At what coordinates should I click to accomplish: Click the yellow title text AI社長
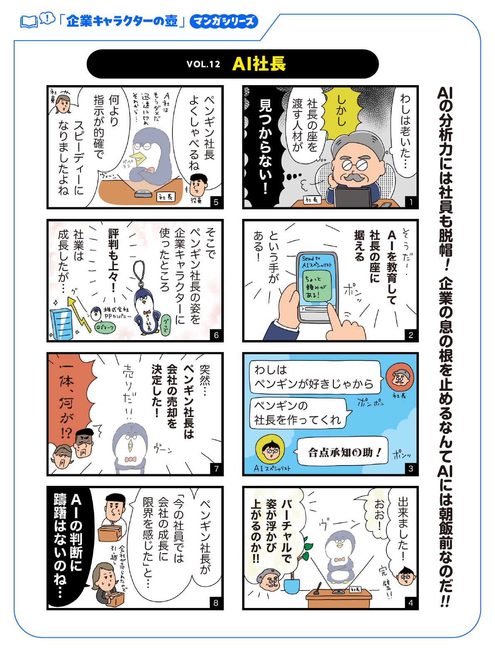point(259,64)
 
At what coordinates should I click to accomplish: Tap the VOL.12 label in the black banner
point(203,64)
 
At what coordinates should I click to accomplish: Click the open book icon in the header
point(29,22)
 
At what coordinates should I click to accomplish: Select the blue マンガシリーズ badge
point(224,21)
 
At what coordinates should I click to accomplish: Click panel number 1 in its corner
point(411,202)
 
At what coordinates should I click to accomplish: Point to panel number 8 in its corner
point(216,603)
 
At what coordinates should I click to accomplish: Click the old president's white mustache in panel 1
point(352,177)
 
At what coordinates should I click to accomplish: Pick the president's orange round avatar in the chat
point(399,377)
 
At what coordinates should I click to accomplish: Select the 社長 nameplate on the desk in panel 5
point(166,197)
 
